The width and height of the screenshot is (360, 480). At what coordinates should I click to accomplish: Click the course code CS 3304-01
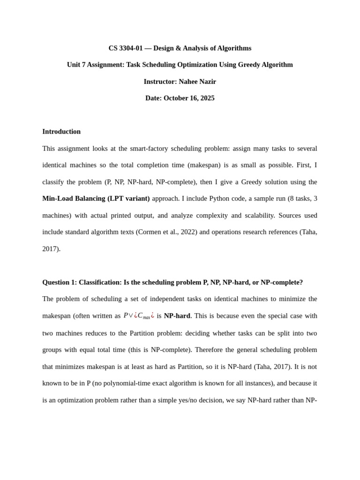tap(126, 48)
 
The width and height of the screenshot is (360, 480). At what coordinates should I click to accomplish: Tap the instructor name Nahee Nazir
tap(197, 82)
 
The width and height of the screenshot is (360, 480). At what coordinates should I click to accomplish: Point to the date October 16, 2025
tap(189, 98)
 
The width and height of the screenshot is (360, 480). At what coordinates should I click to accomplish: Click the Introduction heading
tap(61, 132)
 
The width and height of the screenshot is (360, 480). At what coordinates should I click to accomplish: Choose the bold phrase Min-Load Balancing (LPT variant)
tap(96, 199)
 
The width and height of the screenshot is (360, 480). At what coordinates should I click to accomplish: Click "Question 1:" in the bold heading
tap(60, 282)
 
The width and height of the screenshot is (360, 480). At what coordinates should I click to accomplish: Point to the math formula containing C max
tap(139, 316)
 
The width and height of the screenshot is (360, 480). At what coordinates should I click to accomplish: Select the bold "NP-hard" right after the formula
tap(177, 316)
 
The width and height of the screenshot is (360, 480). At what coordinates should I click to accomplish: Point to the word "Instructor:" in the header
tap(160, 82)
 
